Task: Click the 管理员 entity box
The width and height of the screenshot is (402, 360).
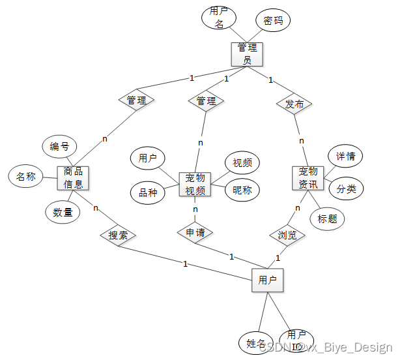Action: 247,54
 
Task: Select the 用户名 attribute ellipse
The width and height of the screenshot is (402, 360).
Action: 220,18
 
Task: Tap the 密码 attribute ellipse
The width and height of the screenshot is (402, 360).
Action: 272,21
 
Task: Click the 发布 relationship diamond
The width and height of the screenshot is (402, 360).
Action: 294,104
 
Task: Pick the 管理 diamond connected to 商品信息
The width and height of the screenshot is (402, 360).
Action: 136,100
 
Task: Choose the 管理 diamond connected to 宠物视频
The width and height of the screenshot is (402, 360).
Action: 206,101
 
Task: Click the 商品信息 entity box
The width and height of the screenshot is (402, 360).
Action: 73,178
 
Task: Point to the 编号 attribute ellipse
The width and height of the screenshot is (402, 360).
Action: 60,146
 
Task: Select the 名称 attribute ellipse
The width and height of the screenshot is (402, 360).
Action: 25,176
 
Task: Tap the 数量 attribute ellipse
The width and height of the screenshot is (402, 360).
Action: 63,211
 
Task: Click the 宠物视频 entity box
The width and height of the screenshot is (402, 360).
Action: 195,184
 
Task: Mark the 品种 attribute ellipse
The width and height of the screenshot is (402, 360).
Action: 148,192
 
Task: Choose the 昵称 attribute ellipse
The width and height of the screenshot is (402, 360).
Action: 242,190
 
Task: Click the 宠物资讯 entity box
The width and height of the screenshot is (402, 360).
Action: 308,177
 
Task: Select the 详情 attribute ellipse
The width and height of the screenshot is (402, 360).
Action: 345,157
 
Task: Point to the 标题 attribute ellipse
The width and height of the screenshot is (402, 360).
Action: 327,218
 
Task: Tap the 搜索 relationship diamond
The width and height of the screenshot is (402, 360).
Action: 118,235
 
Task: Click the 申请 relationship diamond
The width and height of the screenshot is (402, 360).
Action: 195,232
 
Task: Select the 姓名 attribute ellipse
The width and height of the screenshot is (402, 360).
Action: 256,343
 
